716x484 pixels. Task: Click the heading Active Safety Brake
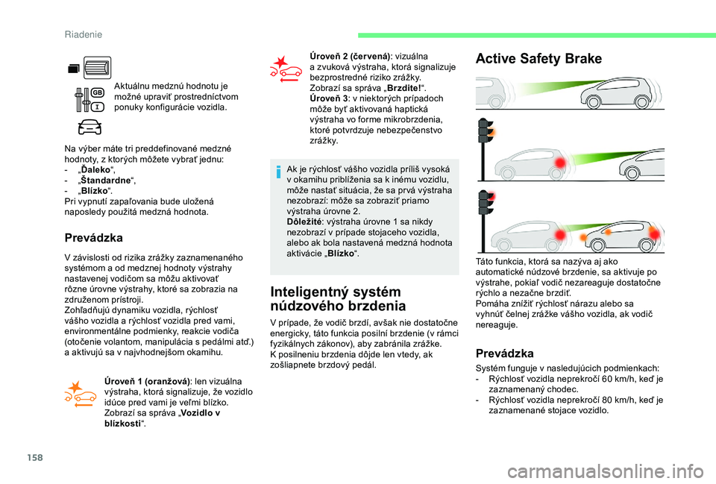point(538,59)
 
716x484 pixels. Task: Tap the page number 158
point(35,457)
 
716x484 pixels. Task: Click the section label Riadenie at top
point(84,35)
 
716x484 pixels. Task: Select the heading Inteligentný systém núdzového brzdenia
point(338,298)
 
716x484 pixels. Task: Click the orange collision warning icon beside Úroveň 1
point(81,394)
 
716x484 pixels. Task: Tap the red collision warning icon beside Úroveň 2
point(286,69)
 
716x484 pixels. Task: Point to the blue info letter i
point(277,172)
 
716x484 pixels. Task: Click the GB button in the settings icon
point(98,92)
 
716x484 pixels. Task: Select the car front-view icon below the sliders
point(89,127)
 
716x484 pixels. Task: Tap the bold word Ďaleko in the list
point(95,170)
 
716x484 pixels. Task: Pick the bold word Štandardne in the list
point(105,180)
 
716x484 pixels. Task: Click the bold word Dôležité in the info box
point(304,222)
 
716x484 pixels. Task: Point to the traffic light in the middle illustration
point(486,149)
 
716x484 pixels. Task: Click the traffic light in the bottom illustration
point(486,221)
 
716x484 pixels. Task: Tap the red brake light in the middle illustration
point(560,163)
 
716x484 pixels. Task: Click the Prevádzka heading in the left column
point(94,238)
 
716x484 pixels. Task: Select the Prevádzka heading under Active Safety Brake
point(505,353)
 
